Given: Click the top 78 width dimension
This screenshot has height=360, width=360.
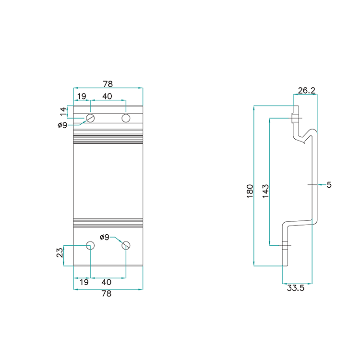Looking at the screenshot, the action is [x=108, y=84].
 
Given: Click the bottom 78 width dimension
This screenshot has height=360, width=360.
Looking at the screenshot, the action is [x=107, y=294].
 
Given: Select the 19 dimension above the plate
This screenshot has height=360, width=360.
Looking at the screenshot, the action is [x=82, y=96].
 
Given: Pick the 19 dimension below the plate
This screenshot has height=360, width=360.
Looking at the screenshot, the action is [x=84, y=282].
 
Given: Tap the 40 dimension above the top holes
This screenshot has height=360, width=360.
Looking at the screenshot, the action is [x=107, y=96].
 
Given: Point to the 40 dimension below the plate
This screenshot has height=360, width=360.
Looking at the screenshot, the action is [x=107, y=282].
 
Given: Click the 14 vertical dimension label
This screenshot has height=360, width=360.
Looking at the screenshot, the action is [x=63, y=112].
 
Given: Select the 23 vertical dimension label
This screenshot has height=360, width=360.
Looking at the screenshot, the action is [x=60, y=253].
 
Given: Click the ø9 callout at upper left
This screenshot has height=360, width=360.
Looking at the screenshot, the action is [x=62, y=125].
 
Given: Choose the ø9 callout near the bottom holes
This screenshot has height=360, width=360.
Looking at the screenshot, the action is [x=105, y=237].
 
